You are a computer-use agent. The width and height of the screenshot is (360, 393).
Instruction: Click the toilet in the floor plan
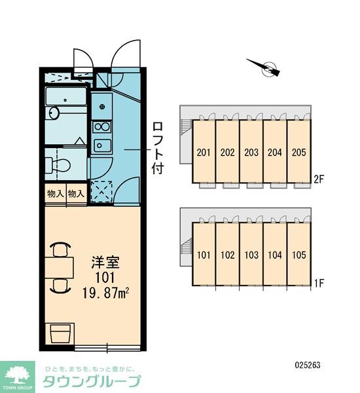pyautogui.click(x=58, y=164)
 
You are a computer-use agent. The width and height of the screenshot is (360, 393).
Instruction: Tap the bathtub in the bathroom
pyautogui.click(x=65, y=96)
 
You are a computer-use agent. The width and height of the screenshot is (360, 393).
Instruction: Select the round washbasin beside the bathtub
pyautogui.click(x=53, y=113)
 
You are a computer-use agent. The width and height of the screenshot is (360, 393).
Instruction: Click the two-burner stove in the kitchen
pyautogui.click(x=101, y=127)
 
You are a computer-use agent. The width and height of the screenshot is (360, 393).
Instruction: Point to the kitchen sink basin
pyautogui.click(x=102, y=145)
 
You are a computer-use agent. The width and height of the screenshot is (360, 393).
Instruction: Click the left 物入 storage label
pyautogui.click(x=56, y=194)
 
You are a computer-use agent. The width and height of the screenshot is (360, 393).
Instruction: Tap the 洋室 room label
pyautogui.click(x=105, y=262)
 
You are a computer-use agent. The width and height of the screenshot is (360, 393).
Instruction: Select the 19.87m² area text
pyautogui.click(x=106, y=293)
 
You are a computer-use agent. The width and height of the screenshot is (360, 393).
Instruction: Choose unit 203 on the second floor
pyautogui.click(x=251, y=152)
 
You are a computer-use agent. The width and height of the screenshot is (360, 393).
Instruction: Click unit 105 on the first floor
pyautogui.click(x=299, y=255)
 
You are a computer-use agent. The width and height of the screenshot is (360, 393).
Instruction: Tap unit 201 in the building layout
pyautogui.click(x=204, y=152)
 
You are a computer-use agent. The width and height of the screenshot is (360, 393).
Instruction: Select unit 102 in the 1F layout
pyautogui.click(x=228, y=255)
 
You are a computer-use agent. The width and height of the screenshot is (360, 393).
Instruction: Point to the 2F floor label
pyautogui.click(x=319, y=179)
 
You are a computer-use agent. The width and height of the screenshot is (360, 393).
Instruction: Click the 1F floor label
pyautogui.click(x=319, y=283)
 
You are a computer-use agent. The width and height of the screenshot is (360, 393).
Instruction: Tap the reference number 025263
pyautogui.click(x=308, y=365)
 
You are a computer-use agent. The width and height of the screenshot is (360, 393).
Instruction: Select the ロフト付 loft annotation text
pyautogui.click(x=158, y=148)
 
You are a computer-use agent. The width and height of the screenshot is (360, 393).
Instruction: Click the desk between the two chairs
pyautogui.click(x=60, y=267)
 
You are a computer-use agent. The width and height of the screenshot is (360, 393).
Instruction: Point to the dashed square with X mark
pyautogui.click(x=101, y=191)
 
